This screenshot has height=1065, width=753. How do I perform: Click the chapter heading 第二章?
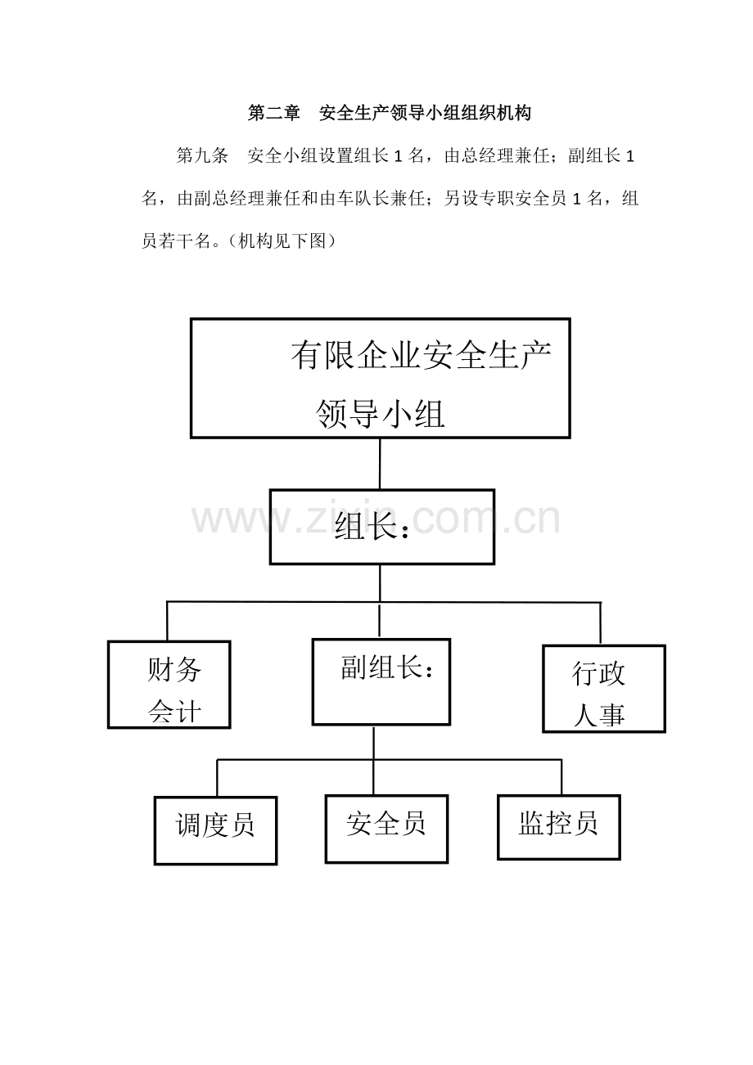coord(273,113)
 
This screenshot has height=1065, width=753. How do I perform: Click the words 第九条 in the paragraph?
coord(202,156)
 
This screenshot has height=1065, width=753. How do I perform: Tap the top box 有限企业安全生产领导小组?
coord(380,378)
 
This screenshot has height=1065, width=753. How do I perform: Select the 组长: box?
coord(382,527)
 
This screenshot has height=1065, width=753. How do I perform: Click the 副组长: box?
coord(381,682)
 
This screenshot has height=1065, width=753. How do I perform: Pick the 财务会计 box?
coord(169,685)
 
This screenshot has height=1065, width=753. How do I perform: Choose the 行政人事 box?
coord(604,689)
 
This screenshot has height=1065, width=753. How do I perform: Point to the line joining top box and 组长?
coord(380,464)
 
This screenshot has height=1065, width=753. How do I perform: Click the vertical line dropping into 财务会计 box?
coord(167,622)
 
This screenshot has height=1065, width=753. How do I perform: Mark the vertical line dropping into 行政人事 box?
coord(600,623)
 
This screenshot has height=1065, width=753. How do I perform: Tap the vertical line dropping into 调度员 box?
coord(218,779)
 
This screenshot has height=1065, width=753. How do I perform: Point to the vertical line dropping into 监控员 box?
coord(561,777)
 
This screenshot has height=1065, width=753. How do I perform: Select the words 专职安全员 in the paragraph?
coord(523,199)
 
